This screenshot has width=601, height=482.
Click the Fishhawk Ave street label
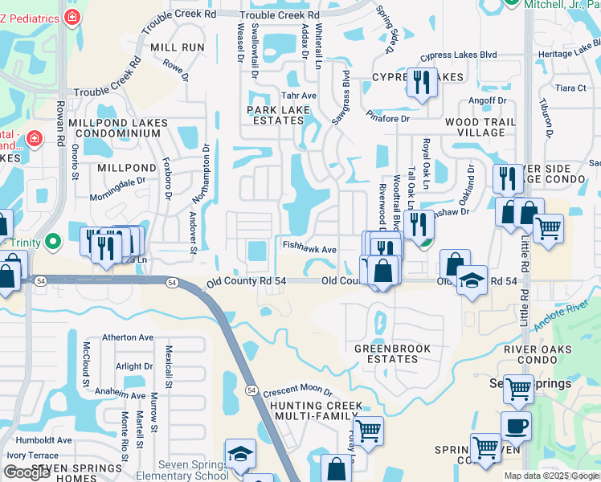point(309,249)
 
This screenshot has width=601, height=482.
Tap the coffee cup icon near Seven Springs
point(515,426)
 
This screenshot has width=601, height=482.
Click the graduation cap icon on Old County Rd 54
point(472,280)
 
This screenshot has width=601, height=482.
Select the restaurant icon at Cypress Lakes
point(421,82)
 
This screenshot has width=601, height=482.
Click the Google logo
point(27,472)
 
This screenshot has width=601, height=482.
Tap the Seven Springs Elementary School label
point(182,469)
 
